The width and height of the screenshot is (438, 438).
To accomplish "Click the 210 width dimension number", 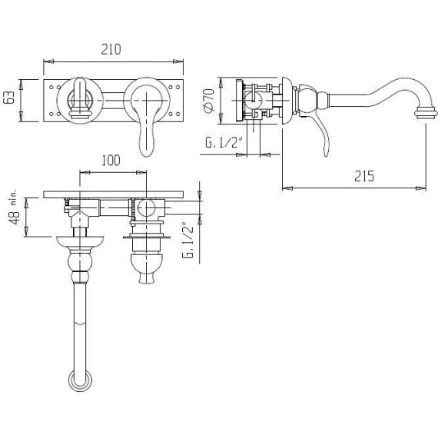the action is tap(111, 49).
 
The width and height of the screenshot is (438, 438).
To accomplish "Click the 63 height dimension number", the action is tap(9, 98).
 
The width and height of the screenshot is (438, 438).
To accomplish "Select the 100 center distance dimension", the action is tap(111, 161).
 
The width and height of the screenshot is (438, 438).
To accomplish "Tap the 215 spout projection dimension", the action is tap(364, 176).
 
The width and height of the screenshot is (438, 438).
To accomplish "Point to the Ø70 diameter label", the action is tap(210, 101).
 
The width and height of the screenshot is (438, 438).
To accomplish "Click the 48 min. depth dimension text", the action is tap(14, 207).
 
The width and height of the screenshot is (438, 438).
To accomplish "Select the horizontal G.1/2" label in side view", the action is tap(223, 142).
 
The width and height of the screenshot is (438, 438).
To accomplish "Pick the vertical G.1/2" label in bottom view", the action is tap(187, 241).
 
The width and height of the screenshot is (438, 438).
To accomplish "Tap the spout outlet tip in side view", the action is tap(426, 114).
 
